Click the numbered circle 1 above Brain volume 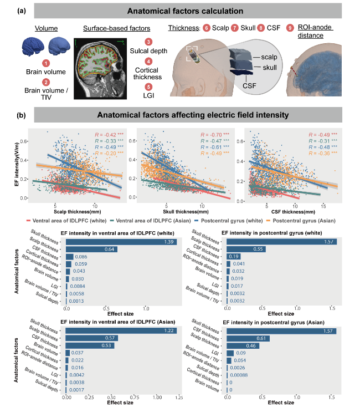[x=47, y=64]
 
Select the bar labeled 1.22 [x=121, y=331]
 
